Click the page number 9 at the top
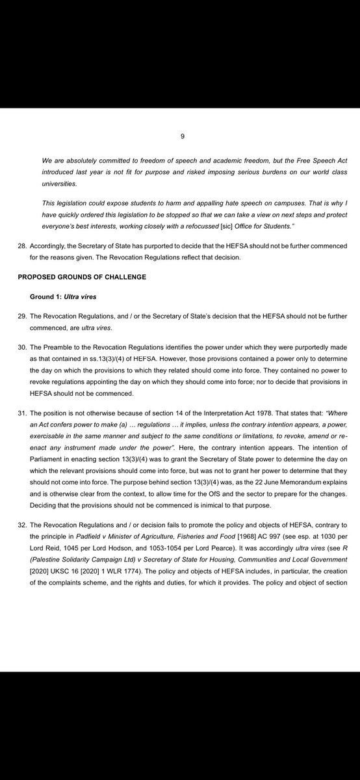click(183, 136)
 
